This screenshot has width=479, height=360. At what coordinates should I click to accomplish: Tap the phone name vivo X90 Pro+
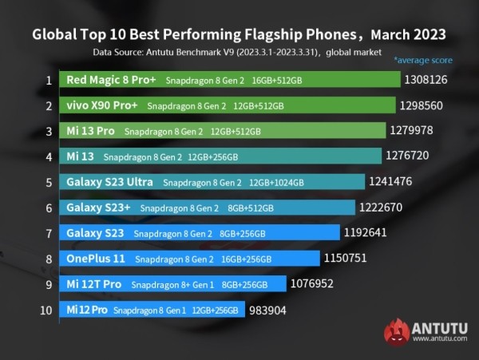coord(103,105)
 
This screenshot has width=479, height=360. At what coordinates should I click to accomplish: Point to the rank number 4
coord(49,156)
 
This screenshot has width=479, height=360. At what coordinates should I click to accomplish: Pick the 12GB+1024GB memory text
coord(276,183)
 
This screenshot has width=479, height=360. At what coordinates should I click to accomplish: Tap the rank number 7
coord(49,233)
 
